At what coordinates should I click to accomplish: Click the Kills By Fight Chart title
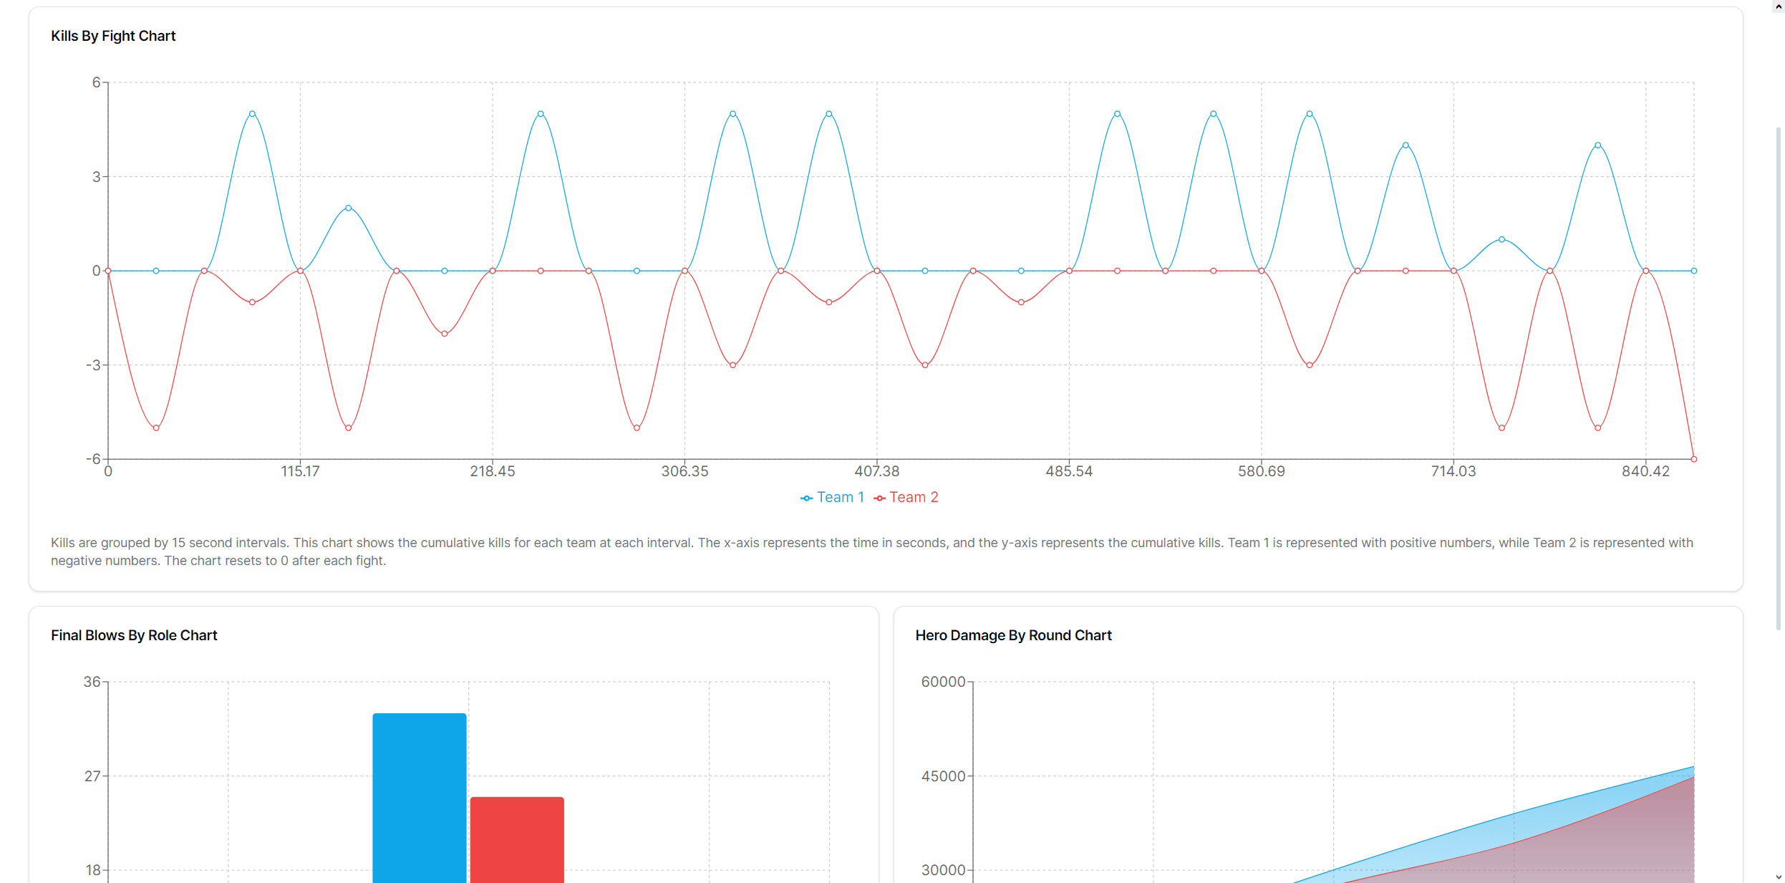tap(113, 36)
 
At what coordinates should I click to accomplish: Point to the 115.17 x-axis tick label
tap(300, 471)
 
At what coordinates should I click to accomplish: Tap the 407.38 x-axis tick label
tap(876, 471)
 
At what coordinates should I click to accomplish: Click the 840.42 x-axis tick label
tap(1645, 471)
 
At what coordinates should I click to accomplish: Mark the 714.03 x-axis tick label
tap(1453, 471)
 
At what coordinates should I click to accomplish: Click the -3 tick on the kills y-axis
tap(94, 365)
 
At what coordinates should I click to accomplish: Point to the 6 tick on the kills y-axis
tap(96, 82)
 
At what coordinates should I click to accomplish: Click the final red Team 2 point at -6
tap(1693, 459)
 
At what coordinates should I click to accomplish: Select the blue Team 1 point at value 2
tap(349, 208)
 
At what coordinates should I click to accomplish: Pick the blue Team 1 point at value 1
tap(1501, 239)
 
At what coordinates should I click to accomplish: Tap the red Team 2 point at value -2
tap(445, 334)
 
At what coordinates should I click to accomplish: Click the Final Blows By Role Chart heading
tap(134, 635)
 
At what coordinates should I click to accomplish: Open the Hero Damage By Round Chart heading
tap(1013, 635)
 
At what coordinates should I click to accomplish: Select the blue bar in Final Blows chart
tap(420, 795)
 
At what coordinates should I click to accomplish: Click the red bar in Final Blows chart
tap(517, 838)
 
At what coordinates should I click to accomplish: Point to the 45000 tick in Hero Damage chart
tap(943, 776)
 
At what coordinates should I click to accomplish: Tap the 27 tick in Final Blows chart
tap(92, 776)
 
